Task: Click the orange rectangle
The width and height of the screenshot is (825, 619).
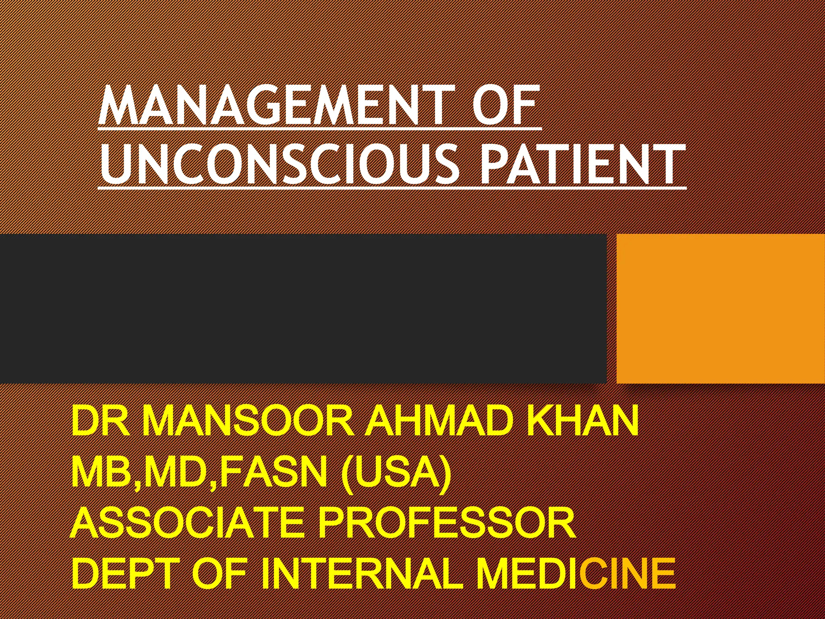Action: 721,309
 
